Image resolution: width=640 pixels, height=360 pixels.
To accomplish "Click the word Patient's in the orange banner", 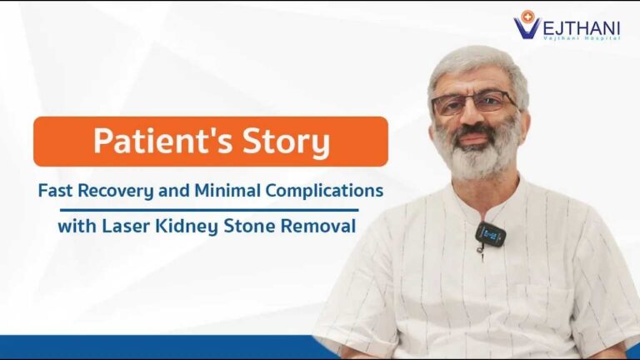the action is coord(163,140).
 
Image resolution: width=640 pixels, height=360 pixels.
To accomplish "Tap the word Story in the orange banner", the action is coord(287,142).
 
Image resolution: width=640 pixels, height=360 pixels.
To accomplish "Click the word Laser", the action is coord(126,226).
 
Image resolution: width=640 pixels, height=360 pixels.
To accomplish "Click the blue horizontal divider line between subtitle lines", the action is coord(209,210).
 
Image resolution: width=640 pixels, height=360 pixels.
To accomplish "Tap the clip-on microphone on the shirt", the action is coord(490,234).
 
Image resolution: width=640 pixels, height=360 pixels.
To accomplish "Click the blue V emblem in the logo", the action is coord(526,27).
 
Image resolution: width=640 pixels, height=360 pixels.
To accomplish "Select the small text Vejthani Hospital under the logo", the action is coord(582,38).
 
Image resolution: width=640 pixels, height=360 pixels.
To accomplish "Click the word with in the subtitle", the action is coord(77,226).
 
